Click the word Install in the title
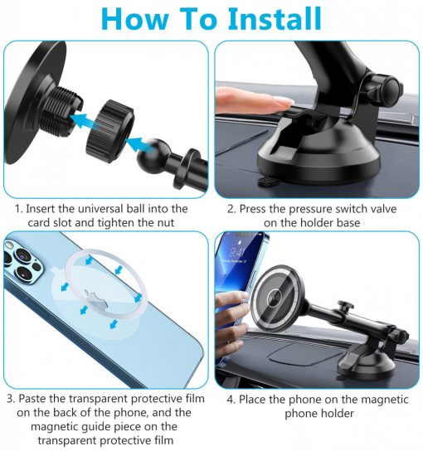[x=275, y=18]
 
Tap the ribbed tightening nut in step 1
[x=110, y=131]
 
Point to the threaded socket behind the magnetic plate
[x=62, y=107]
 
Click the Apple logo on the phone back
[x=95, y=298]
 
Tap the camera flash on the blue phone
[x=9, y=245]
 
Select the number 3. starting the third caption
[x=11, y=399]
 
